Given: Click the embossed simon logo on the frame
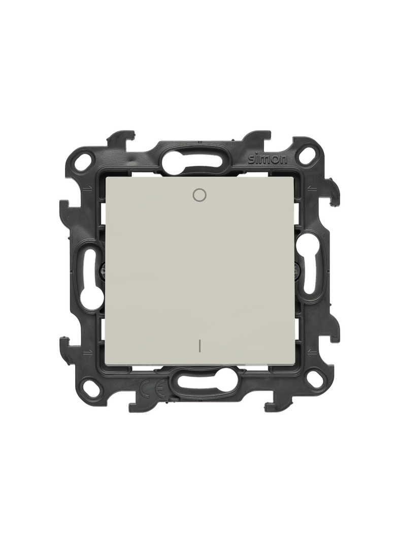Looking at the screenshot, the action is point(268,159).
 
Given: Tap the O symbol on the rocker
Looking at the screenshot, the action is point(198,195).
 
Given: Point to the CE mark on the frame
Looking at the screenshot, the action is point(152,389).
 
